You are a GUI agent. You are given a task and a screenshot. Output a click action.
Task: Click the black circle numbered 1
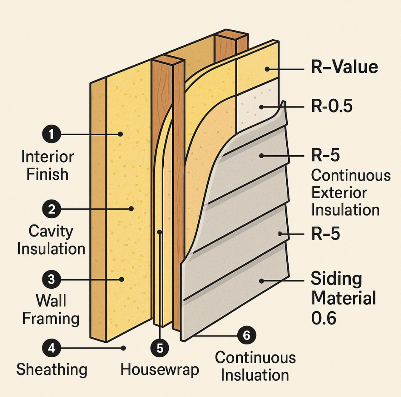[x=51, y=134]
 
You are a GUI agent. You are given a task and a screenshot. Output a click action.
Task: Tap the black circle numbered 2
[x=52, y=209]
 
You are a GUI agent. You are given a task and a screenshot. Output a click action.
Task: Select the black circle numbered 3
[x=52, y=279]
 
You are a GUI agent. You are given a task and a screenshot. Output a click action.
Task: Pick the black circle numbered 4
[x=52, y=348]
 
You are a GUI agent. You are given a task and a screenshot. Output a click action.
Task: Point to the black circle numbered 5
[x=160, y=348]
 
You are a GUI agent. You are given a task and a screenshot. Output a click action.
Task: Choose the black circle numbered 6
[x=246, y=335]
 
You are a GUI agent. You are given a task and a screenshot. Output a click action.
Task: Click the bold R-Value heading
[x=344, y=67]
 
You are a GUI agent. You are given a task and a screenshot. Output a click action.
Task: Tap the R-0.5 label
[x=332, y=106]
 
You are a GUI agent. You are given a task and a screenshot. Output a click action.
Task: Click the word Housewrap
[x=160, y=370]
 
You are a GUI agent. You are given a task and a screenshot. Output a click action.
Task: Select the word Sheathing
[x=52, y=370]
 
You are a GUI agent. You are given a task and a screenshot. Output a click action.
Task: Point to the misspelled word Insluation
[x=255, y=375]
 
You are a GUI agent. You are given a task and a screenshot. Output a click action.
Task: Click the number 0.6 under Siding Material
[x=324, y=318]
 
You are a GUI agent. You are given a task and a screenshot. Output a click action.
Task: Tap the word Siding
[x=336, y=279]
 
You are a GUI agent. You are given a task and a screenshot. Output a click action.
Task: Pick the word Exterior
[x=339, y=193]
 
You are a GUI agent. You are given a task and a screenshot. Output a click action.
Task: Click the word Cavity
[x=51, y=231]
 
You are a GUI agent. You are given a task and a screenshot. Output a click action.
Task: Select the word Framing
[x=51, y=319]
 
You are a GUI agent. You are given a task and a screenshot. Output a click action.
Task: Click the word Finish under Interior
[x=47, y=174]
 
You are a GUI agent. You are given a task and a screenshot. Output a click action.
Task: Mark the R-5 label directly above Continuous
[x=325, y=155]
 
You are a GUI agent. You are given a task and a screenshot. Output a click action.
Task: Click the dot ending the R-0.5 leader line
[x=261, y=107]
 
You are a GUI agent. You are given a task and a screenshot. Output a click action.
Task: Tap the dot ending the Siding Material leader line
[x=261, y=281]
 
